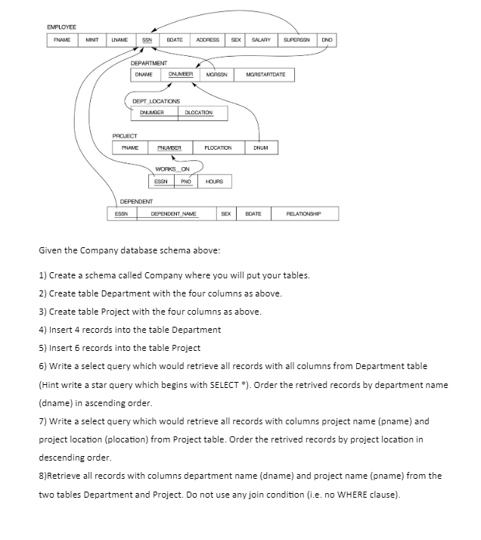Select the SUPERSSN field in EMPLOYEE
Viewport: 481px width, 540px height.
click(296, 39)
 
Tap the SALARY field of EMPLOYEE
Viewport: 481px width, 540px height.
click(262, 39)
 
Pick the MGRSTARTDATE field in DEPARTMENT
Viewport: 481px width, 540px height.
click(264, 75)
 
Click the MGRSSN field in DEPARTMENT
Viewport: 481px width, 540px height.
click(216, 75)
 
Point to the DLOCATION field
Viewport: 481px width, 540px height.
click(199, 113)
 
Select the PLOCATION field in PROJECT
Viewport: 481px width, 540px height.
click(217, 147)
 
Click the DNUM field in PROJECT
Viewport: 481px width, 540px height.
click(261, 147)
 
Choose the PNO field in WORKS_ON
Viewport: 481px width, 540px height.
click(185, 182)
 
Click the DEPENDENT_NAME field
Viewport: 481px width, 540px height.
click(174, 214)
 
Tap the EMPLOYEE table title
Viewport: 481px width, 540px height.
click(62, 26)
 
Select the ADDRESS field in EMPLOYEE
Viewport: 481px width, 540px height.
click(207, 39)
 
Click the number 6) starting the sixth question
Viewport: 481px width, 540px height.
click(43, 366)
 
